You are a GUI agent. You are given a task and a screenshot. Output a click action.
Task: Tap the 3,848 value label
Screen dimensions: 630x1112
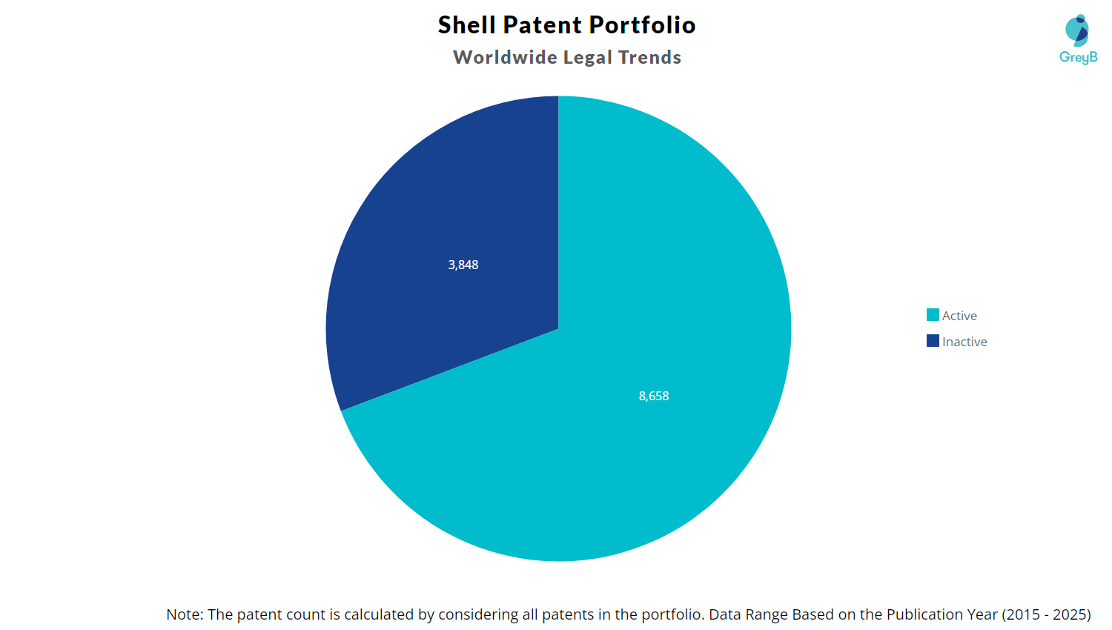click(463, 265)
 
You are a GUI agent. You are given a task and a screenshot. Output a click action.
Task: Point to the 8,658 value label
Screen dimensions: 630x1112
click(654, 396)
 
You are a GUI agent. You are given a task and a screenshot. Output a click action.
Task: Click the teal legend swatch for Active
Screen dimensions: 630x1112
click(933, 315)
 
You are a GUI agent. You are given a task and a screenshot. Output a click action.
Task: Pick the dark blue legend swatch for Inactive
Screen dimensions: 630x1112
click(933, 341)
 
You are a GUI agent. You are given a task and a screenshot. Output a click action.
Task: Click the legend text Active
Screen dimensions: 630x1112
click(959, 316)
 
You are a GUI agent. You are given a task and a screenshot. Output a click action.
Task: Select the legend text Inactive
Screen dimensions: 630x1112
click(964, 342)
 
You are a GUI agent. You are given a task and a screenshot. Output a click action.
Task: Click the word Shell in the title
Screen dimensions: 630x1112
click(466, 25)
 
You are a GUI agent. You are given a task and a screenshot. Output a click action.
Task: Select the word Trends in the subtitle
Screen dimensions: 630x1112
click(649, 58)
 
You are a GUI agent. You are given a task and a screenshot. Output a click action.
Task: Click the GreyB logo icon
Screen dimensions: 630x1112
click(1077, 30)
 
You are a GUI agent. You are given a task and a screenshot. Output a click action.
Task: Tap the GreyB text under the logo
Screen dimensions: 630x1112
click(1079, 57)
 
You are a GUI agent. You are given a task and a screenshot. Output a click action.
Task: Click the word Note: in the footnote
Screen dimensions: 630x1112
click(185, 614)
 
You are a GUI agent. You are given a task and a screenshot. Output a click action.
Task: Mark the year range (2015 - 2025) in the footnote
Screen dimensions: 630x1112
click(1046, 614)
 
